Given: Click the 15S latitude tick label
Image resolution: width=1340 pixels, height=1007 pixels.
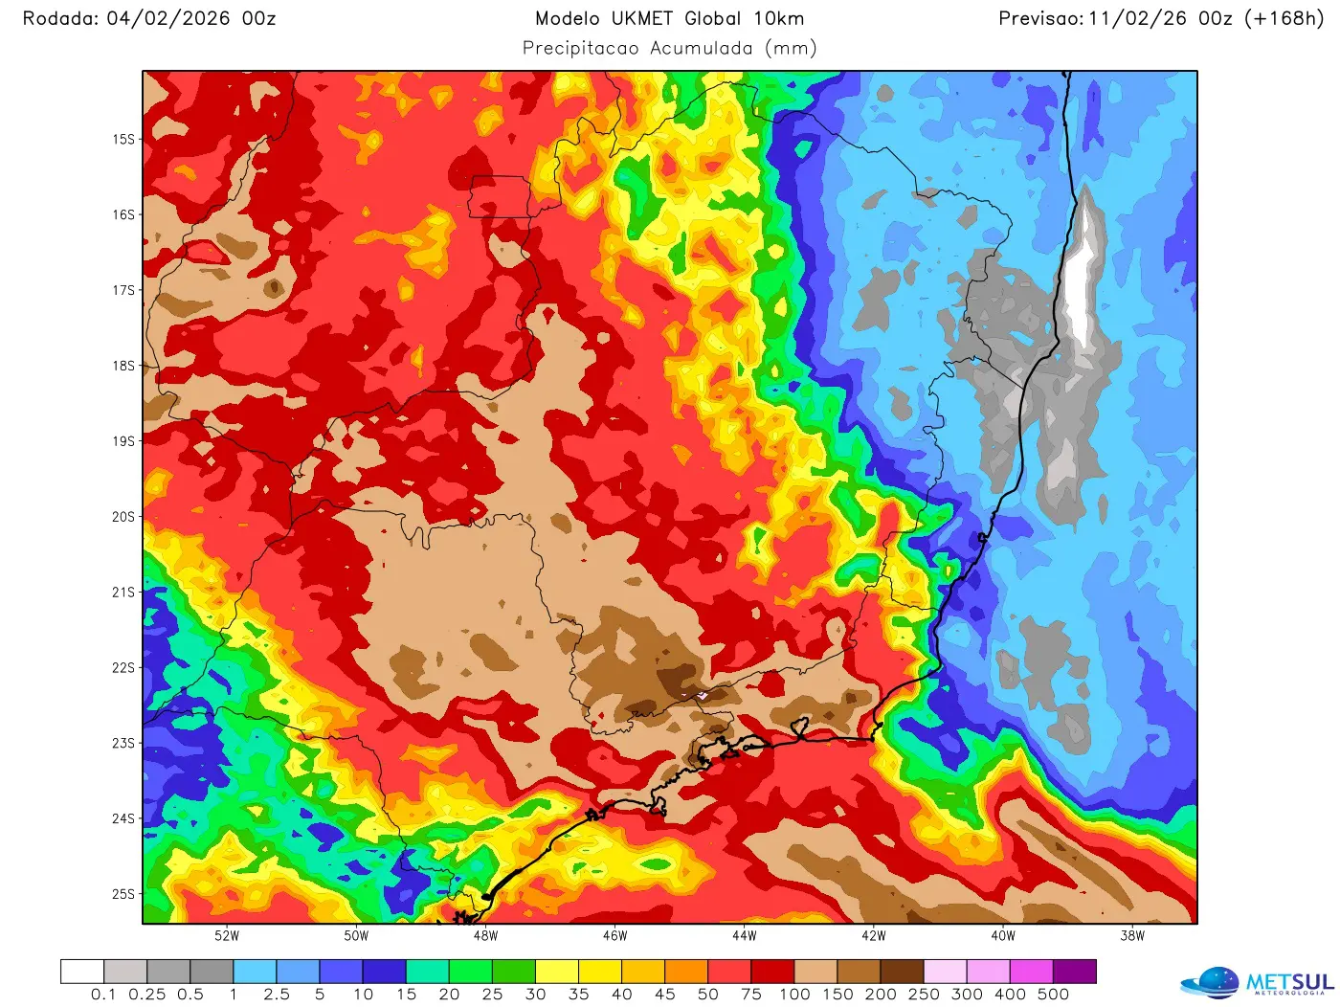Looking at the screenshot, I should [x=123, y=139].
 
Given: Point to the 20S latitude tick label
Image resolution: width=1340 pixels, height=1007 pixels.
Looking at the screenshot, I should [x=123, y=517].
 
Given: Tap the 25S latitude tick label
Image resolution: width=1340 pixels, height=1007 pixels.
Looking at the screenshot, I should [x=123, y=894].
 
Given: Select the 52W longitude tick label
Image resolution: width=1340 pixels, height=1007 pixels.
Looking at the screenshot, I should [x=227, y=936].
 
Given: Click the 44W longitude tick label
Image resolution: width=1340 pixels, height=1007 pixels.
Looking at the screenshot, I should [x=744, y=936].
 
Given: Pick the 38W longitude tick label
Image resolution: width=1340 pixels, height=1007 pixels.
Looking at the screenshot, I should [x=1132, y=936].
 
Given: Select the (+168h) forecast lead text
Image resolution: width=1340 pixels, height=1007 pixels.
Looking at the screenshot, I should [x=1284, y=18].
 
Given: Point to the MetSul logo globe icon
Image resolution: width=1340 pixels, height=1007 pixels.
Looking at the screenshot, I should [x=1212, y=983].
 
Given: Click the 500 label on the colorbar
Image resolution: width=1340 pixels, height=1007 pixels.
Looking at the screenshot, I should [x=1053, y=995].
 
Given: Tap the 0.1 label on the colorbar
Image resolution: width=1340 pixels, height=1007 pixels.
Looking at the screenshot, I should [x=103, y=995].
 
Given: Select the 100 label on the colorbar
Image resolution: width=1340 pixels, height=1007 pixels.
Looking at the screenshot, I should [x=794, y=995].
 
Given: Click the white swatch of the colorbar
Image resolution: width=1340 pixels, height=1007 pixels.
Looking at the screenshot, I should [x=82, y=972].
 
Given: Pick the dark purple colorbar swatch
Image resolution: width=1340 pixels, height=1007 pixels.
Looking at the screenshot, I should [x=1074, y=972].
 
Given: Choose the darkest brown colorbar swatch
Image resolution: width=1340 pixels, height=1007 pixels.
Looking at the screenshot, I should [x=902, y=972].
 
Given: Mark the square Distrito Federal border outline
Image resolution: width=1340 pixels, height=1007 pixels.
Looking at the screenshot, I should [x=500, y=197].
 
